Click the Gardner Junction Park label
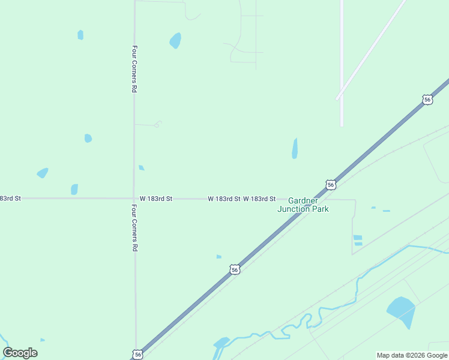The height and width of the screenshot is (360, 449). [303, 205]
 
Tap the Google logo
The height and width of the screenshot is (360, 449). [20, 353]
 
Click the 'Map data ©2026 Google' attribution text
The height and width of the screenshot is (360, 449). [411, 355]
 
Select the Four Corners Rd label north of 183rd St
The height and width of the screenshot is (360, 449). [135, 68]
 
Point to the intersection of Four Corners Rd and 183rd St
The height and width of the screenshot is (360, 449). [134, 198]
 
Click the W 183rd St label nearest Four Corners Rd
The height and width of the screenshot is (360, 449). [156, 198]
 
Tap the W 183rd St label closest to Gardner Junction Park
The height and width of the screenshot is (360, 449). [259, 199]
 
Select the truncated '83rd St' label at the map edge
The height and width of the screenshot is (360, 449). [10, 198]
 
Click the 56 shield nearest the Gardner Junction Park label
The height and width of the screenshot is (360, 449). [331, 184]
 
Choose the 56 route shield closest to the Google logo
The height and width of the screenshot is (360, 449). [138, 355]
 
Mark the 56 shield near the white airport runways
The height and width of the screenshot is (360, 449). [427, 100]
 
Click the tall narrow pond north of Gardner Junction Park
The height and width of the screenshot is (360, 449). [295, 148]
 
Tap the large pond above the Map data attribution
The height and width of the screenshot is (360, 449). [401, 311]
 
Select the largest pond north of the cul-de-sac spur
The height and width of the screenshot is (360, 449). [175, 40]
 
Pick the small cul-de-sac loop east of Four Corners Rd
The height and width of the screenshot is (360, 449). [158, 124]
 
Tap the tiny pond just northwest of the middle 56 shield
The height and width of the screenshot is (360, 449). [219, 257]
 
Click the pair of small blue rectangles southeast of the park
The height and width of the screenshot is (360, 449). [358, 240]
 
